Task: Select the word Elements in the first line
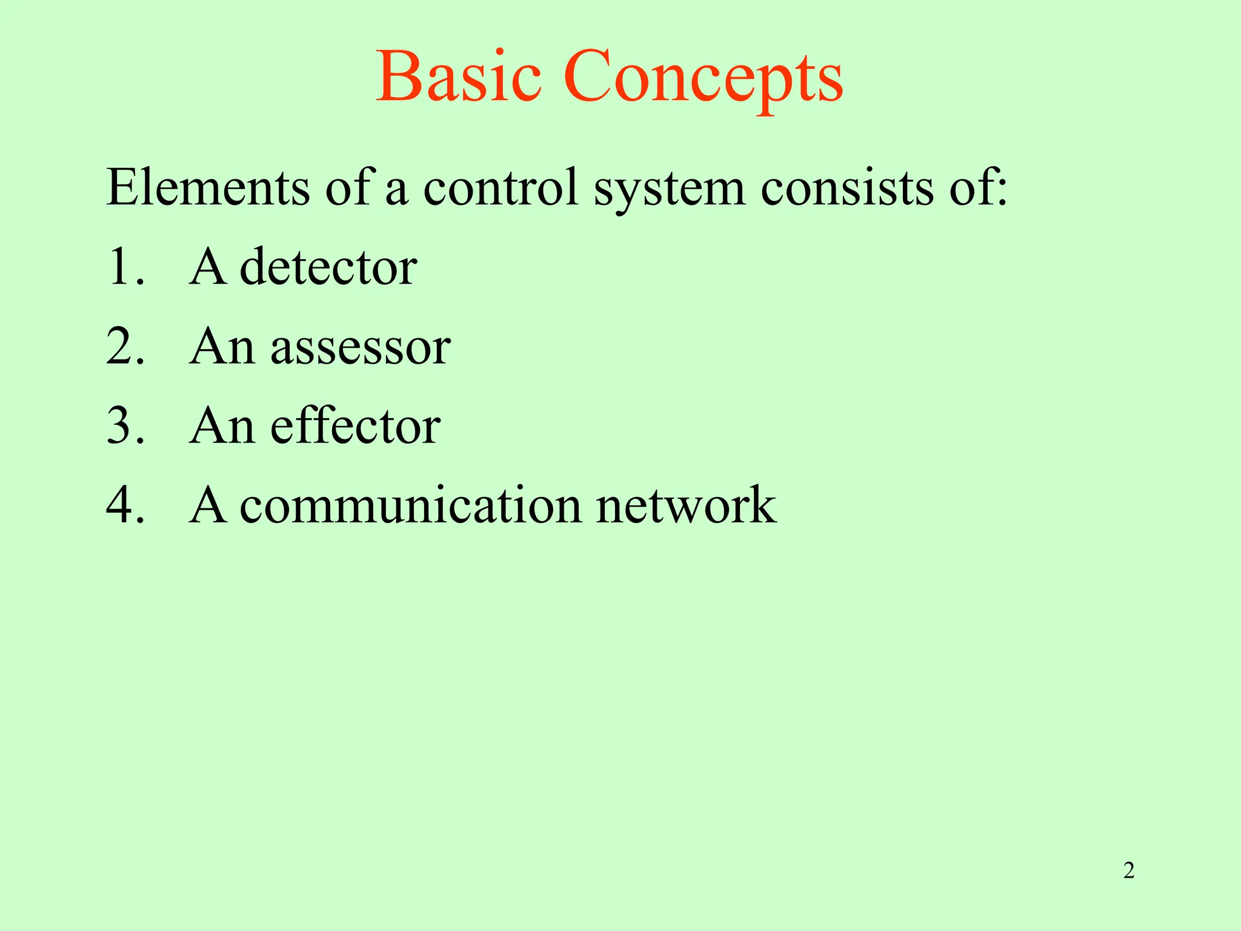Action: (208, 187)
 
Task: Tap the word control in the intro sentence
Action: (501, 187)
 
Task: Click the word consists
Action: (847, 187)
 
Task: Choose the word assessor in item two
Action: (360, 347)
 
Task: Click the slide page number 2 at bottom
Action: (1128, 871)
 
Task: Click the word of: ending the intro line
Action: (978, 187)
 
